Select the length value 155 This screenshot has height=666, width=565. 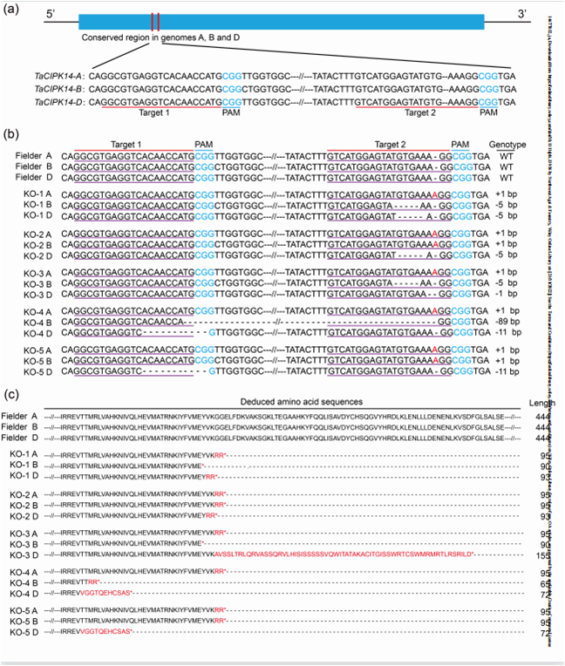click(544, 555)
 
